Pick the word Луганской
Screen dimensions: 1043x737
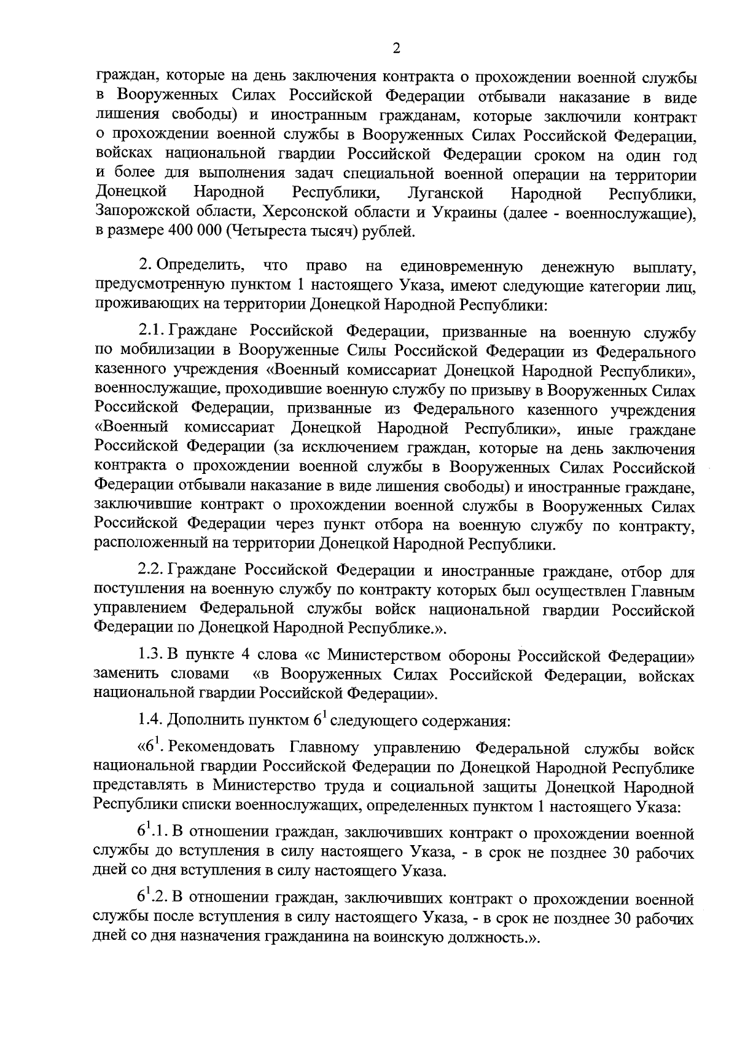(x=445, y=194)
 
